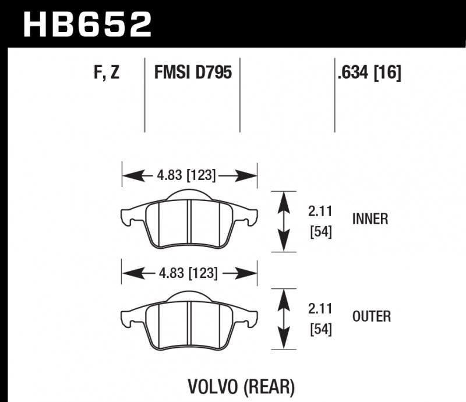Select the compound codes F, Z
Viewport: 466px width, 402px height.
pos(106,74)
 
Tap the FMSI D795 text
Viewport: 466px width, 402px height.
pos(193,74)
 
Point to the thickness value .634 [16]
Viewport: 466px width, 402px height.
pos(369,74)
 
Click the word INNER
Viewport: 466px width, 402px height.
pos(370,219)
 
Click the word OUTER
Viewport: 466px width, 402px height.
pos(372,317)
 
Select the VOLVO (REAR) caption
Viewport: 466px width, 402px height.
pos(241,386)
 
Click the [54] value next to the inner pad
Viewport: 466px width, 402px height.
pos(320,232)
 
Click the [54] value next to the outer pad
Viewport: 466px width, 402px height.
pos(320,330)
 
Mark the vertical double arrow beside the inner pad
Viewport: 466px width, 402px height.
pos(284,221)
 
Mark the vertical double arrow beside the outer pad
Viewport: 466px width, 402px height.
pos(284,319)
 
